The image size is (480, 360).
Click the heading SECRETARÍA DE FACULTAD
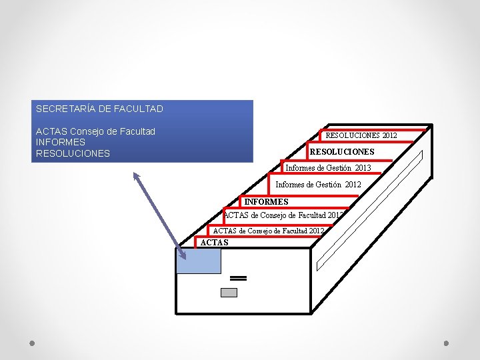99,108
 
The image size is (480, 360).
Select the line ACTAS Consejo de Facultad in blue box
95,131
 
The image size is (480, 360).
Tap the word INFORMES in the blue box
61,142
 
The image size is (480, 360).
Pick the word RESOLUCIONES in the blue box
73,153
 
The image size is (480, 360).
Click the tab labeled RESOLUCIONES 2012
361,135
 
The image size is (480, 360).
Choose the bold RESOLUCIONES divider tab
342,152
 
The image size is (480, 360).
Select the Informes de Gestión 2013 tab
327,167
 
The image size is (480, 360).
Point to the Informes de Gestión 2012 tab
318,184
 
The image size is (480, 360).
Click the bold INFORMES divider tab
266,201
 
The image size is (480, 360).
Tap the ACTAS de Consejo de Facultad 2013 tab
283,215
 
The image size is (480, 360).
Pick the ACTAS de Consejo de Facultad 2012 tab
268,231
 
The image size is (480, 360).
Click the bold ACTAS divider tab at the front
215,243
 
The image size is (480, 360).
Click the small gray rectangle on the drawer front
229,293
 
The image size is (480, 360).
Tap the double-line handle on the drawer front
239,277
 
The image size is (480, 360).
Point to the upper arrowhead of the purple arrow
135,175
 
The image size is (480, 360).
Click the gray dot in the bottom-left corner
32,343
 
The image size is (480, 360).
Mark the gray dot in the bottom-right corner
447,343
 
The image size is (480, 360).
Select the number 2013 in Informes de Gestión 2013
363,167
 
